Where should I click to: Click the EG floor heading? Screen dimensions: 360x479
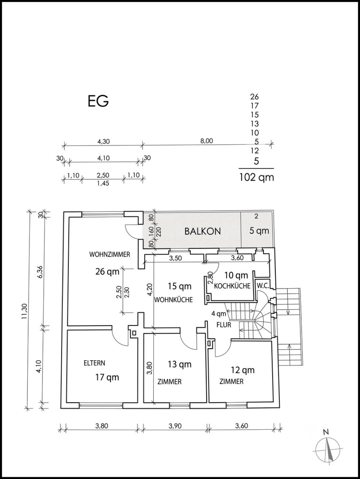coord(98,101)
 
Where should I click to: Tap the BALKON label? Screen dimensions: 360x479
coord(203,231)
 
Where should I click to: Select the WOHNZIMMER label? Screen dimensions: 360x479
coord(110,255)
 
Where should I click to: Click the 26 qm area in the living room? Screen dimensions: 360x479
coord(107,272)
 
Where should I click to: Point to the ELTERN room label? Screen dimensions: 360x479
coord(94,363)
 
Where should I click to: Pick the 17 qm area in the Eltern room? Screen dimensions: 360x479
coord(107,377)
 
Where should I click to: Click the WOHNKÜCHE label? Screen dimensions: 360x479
coord(174,300)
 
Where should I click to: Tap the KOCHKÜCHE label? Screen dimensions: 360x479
coord(232,286)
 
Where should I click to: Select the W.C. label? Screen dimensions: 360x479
coord(263,286)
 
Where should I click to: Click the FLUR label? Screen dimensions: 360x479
coord(224,325)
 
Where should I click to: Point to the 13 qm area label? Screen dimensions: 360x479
coord(179,364)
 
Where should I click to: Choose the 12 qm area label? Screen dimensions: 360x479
coord(243,370)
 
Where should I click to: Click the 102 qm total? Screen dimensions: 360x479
coord(257,177)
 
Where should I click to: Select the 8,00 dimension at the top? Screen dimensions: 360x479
coord(207,141)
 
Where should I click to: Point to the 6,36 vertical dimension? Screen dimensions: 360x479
coord(40,271)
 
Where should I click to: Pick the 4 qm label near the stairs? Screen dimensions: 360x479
coord(219,314)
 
